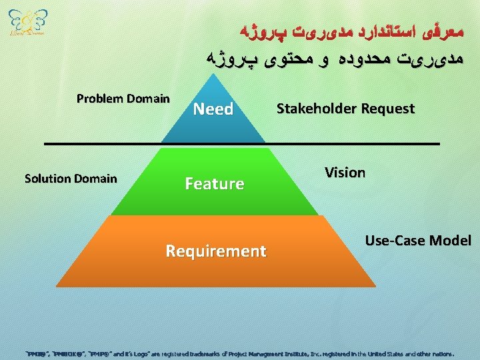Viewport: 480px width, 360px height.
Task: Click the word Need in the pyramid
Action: [213, 109]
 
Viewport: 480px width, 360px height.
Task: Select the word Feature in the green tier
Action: [214, 183]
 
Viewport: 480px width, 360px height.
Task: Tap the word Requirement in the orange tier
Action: [215, 251]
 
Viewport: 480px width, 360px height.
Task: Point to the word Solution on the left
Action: [47, 178]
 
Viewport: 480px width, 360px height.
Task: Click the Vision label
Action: [345, 173]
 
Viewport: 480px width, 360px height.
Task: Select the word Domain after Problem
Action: [148, 99]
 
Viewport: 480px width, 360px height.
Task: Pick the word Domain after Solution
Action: [95, 178]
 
